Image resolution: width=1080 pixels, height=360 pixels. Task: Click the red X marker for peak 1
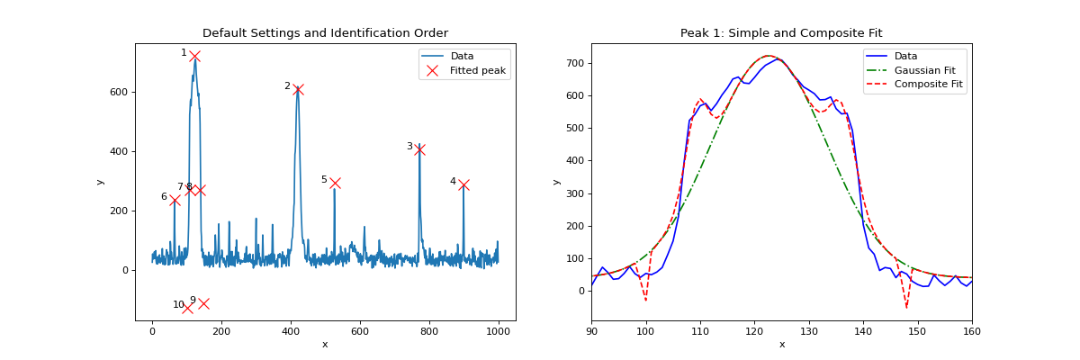pos(194,56)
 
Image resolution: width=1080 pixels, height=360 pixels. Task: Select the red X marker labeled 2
pos(298,89)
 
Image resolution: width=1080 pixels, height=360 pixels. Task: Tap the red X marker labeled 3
pos(419,149)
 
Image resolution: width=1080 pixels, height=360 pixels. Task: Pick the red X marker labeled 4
pos(463,184)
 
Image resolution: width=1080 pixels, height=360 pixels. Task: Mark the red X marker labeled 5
pos(335,183)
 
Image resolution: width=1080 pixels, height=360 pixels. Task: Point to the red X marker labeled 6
pos(175,200)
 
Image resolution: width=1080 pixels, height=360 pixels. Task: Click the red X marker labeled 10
pos(187,308)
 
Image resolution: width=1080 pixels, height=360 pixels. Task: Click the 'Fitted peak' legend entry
pos(477,70)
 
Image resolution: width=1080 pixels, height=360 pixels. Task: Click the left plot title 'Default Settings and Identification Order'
pos(325,33)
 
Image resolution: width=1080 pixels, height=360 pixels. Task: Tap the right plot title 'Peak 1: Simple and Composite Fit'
pos(781,33)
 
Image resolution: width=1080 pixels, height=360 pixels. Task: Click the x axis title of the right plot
pos(781,345)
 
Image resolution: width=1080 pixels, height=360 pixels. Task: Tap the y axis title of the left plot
pos(100,182)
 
